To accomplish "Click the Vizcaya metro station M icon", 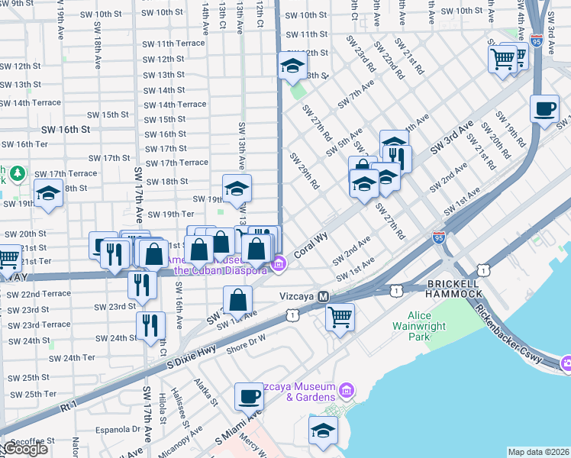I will coord(323,296).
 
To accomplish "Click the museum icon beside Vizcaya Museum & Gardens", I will coord(347,392).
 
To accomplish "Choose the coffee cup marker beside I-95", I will coord(544,109).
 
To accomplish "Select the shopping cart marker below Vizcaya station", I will coord(340,314).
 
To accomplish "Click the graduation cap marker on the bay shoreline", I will coord(323,431).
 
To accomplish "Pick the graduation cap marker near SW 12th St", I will coord(291,66).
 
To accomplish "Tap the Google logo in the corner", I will coord(24,449).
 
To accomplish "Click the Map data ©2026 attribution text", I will coord(539,452).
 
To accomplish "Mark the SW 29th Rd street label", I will coord(303,169).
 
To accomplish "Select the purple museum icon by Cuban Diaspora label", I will coord(279,265).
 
